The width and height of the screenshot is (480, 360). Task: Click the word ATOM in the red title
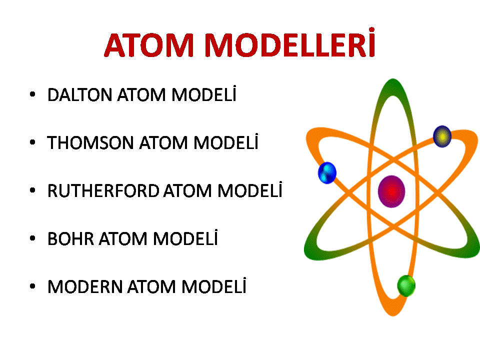[x=149, y=45]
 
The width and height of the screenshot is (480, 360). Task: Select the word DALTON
[x=79, y=94]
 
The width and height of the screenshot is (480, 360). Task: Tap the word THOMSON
[x=90, y=142]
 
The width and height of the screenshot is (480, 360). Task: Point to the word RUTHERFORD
[x=103, y=190]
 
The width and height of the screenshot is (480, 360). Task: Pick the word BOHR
[x=70, y=239]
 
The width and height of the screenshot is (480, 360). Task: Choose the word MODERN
[x=85, y=287]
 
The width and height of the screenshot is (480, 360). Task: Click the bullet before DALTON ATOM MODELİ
[x=32, y=94]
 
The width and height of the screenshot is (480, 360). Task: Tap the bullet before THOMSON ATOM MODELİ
[x=32, y=142]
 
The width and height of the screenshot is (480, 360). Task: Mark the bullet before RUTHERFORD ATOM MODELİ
[x=32, y=190]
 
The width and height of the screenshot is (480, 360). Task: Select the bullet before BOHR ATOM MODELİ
[x=32, y=238]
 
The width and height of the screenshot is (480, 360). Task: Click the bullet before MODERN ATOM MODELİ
[x=32, y=286]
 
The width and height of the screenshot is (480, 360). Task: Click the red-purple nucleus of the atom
[x=391, y=191]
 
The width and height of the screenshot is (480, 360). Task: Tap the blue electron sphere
[x=327, y=173]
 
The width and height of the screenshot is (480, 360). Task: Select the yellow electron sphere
[x=442, y=136]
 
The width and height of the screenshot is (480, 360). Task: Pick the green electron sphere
[x=406, y=286]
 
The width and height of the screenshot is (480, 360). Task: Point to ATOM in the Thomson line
[x=163, y=142]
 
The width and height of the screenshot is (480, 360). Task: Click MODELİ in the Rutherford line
[x=250, y=189]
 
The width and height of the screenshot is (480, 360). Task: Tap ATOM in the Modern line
[x=152, y=287]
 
